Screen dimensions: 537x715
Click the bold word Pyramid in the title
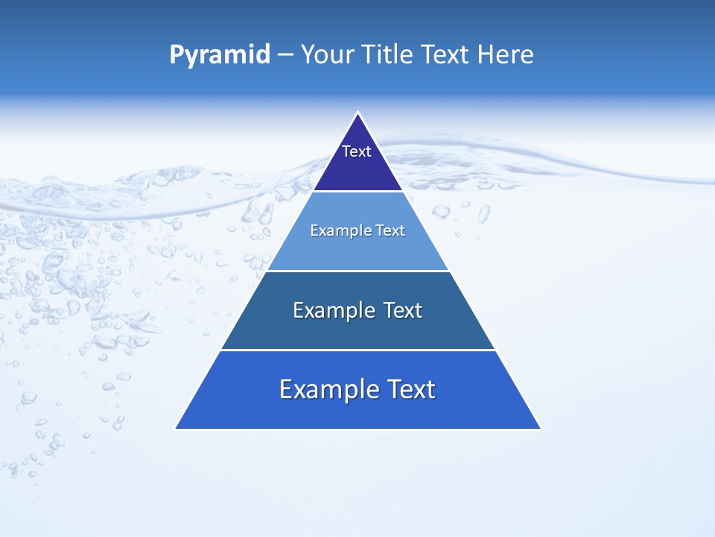point(219,55)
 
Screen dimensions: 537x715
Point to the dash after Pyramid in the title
point(285,55)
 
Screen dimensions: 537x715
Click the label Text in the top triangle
point(357,151)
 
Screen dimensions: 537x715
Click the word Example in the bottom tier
point(328,389)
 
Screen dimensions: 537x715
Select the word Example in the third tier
point(334,310)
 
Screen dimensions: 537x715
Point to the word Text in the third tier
point(403,310)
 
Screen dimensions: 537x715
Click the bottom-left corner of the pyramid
point(176,429)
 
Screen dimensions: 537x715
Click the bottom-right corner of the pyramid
point(541,429)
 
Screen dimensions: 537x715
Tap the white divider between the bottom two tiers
point(357,350)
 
